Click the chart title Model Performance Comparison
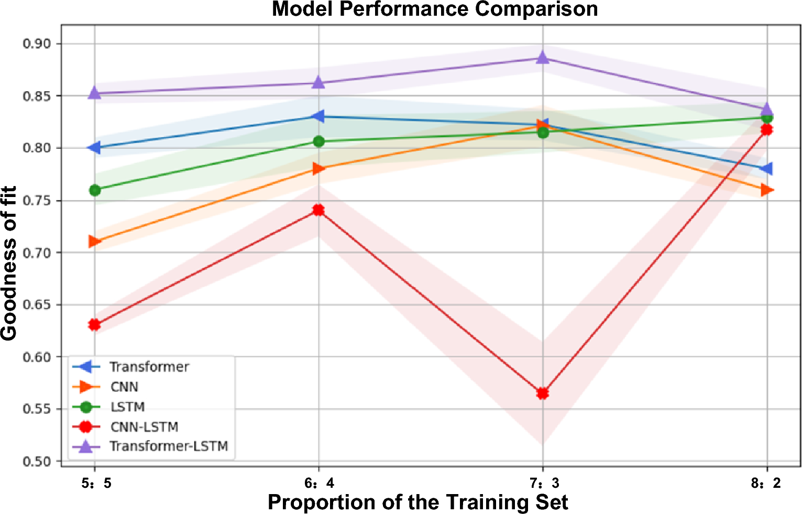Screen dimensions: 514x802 434,9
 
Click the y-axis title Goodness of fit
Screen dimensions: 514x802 9,263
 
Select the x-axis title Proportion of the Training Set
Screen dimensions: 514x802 418,502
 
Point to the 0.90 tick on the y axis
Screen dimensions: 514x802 37,43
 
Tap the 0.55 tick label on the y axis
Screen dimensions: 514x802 37,409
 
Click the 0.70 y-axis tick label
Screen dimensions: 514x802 37,253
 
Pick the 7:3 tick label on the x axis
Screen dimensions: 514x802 542,483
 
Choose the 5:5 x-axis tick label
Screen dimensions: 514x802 96,483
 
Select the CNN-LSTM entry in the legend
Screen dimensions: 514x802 144,427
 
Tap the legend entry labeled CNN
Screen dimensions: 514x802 124,387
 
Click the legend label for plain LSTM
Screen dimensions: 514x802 127,407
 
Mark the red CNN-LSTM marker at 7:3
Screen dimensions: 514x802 543,393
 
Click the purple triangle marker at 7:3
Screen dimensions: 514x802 543,58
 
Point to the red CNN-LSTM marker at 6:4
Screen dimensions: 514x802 318,210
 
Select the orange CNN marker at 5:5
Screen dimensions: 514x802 95,242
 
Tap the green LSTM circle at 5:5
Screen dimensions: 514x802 95,190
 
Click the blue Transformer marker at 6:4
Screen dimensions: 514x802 318,116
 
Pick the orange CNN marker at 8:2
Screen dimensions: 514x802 767,190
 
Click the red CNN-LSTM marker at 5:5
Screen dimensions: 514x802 95,325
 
